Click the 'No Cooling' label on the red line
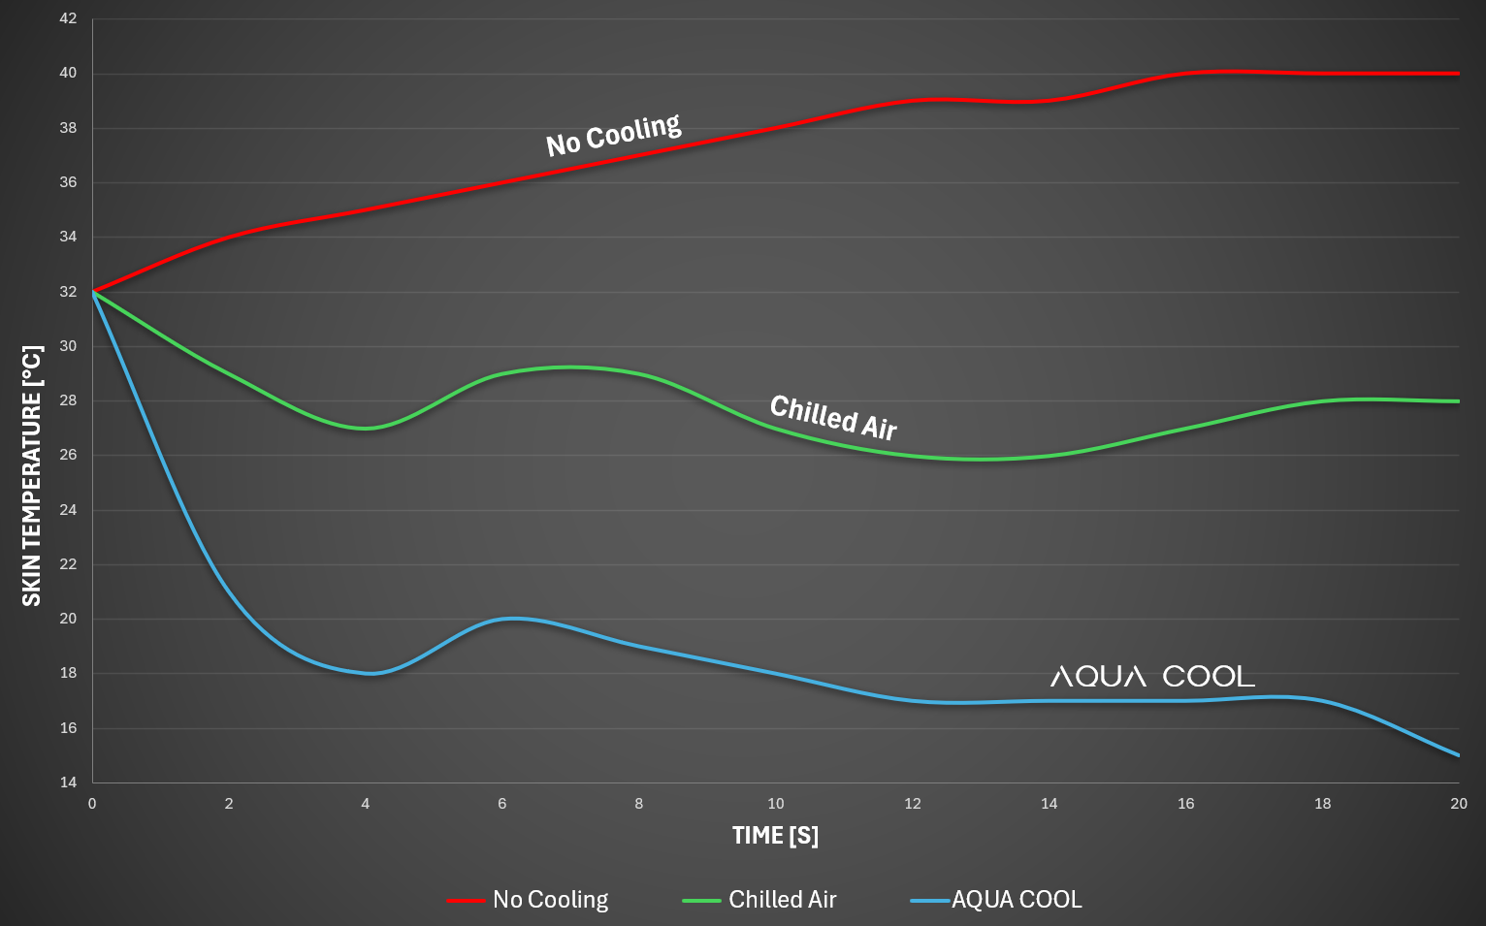pos(613,135)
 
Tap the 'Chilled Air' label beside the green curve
pos(833,417)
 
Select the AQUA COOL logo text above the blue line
pos(1152,676)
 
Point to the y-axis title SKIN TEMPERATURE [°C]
pos(32,475)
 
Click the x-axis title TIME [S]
pos(775,836)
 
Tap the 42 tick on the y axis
pos(68,18)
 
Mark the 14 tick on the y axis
pos(68,782)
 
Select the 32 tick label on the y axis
pos(68,292)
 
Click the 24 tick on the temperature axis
pos(68,510)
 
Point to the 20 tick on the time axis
pos(1459,804)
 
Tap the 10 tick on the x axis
pos(776,804)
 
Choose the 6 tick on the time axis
pos(502,804)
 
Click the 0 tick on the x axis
pos(92,804)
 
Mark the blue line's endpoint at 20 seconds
pos(1459,755)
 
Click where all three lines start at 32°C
pos(93,292)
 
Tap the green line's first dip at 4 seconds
pos(366,428)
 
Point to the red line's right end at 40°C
pos(1459,73)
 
